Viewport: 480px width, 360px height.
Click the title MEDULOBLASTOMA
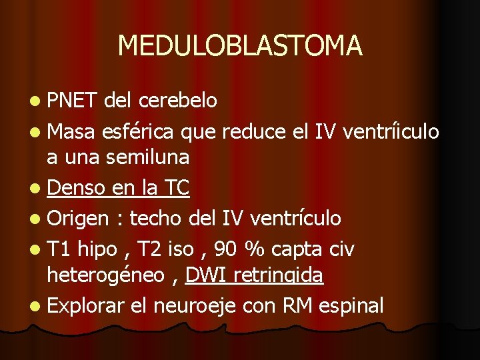tap(240, 45)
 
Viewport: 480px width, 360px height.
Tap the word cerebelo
tap(178, 101)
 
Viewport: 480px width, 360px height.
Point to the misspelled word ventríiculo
tap(391, 131)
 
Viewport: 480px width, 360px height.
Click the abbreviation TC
tap(175, 189)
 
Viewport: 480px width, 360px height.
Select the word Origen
tap(78, 218)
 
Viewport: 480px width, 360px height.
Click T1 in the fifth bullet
tap(59, 249)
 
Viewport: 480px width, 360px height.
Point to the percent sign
tap(254, 249)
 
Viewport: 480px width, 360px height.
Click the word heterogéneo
tap(105, 275)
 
